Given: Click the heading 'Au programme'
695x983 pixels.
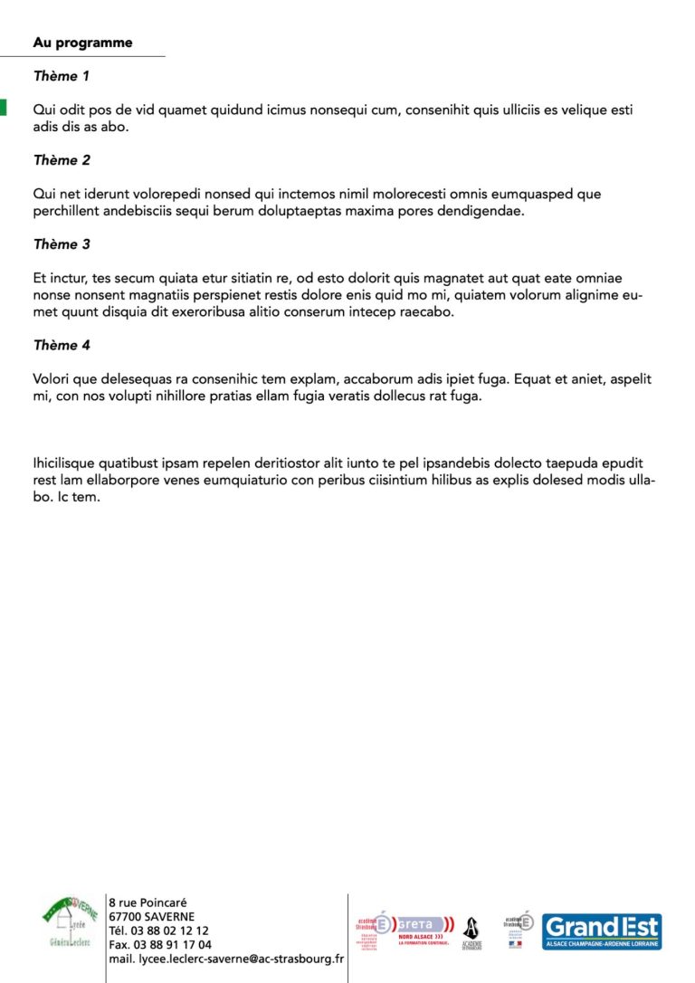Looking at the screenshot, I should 82,43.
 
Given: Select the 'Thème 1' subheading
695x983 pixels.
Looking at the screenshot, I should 62,77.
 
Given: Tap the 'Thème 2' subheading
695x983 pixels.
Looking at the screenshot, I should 62,160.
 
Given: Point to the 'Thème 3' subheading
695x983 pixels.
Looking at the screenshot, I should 62,244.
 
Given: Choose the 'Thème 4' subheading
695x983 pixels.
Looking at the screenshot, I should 62,345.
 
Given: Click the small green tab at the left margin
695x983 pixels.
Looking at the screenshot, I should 3,107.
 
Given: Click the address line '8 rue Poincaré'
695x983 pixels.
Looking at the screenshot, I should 148,902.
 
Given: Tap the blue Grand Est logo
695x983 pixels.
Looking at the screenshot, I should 602,931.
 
